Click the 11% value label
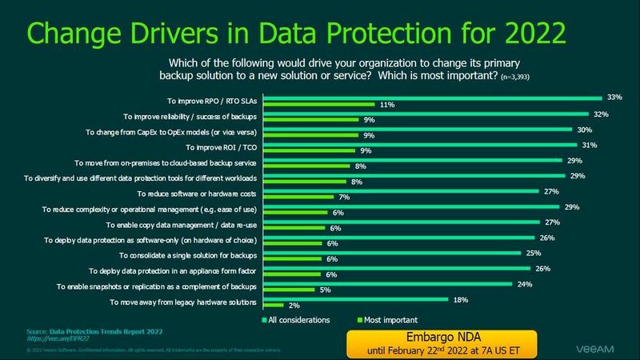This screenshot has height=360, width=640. [x=388, y=105]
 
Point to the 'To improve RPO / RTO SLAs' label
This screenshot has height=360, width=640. [x=213, y=101]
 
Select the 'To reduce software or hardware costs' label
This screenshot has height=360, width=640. [x=196, y=194]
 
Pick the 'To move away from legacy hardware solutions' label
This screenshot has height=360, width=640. [x=183, y=302]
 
